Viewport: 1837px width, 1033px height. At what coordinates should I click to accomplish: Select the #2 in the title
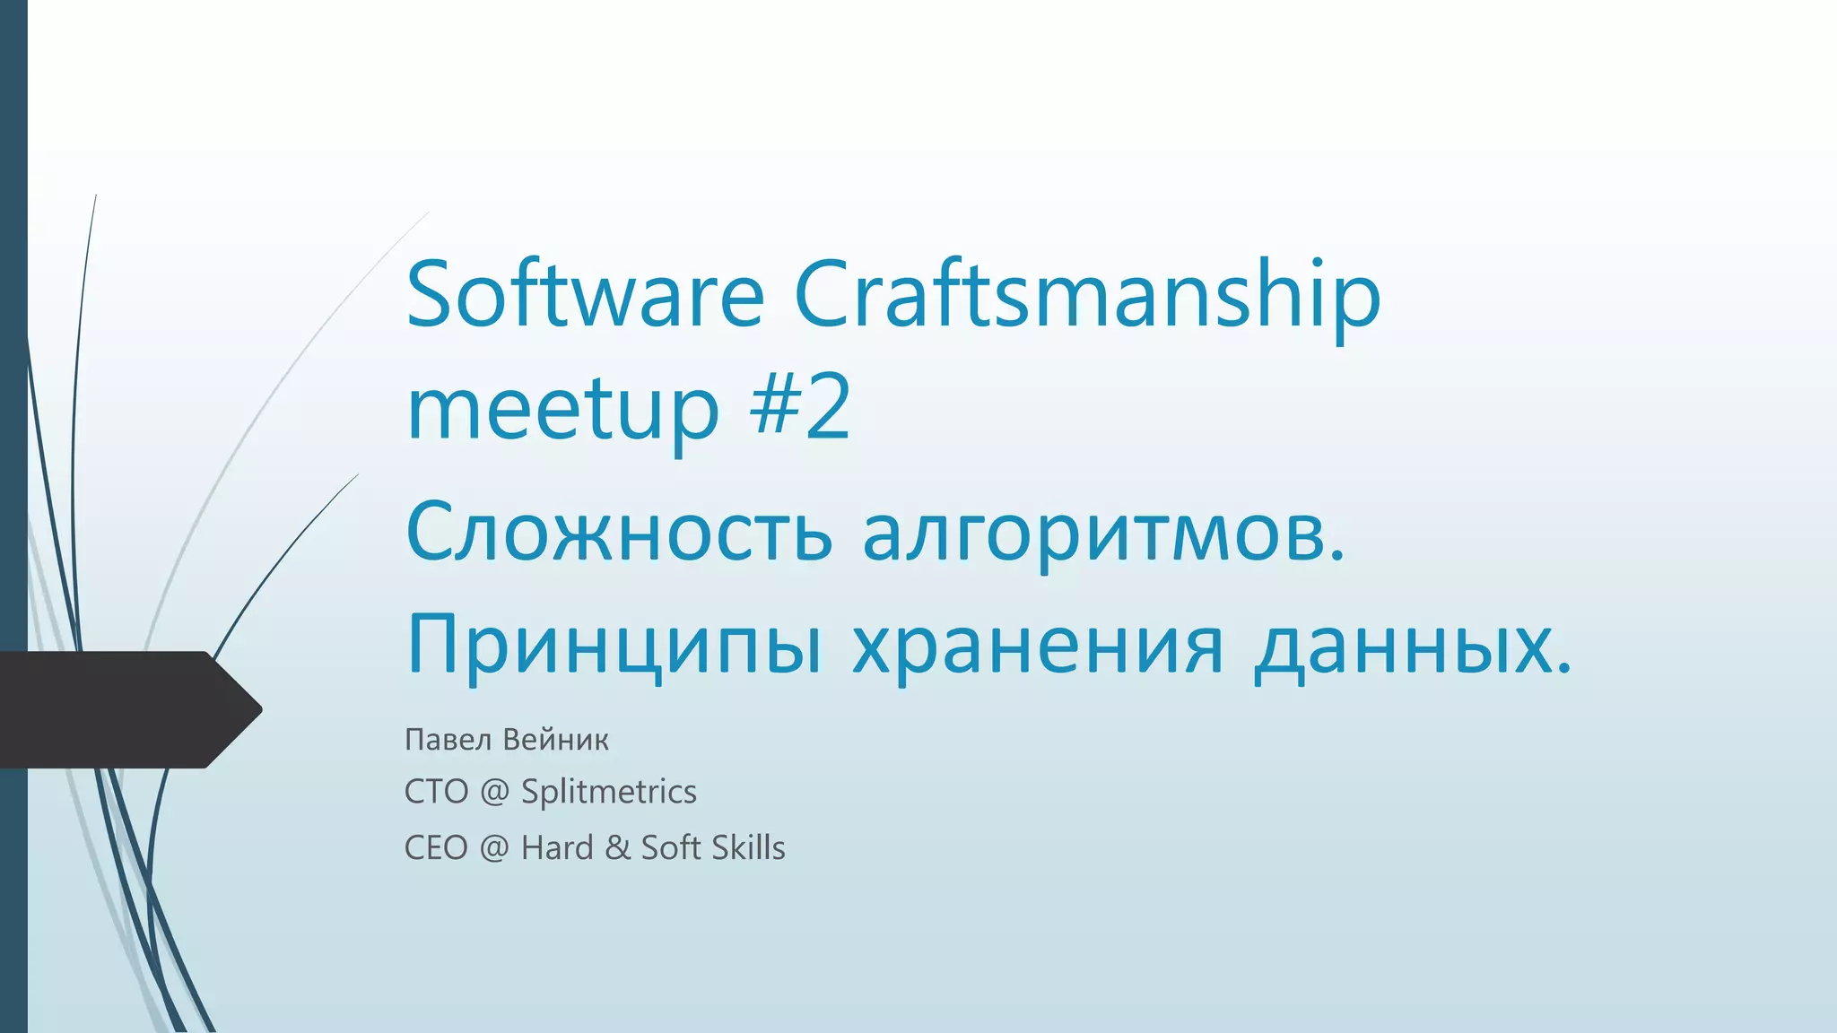[x=800, y=408]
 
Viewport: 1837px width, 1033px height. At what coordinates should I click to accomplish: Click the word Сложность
[x=619, y=533]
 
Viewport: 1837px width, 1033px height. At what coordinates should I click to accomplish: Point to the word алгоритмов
[x=1103, y=533]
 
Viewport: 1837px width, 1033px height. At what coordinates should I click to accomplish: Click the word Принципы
[x=614, y=646]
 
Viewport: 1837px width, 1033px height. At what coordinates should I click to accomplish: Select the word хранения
[x=1037, y=646]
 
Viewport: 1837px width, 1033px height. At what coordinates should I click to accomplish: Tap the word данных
[x=1412, y=646]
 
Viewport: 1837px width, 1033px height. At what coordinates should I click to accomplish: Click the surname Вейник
[x=555, y=740]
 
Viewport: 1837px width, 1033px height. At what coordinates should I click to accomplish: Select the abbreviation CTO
[x=436, y=792]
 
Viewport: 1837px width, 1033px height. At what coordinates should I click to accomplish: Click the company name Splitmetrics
[x=608, y=792]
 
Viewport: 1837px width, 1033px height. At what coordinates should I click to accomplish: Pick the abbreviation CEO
[x=436, y=848]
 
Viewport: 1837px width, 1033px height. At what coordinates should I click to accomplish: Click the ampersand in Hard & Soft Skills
[x=617, y=848]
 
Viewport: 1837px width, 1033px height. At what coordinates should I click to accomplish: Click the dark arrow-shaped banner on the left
[x=126, y=709]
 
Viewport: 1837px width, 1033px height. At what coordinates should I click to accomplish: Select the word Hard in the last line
[x=557, y=848]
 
